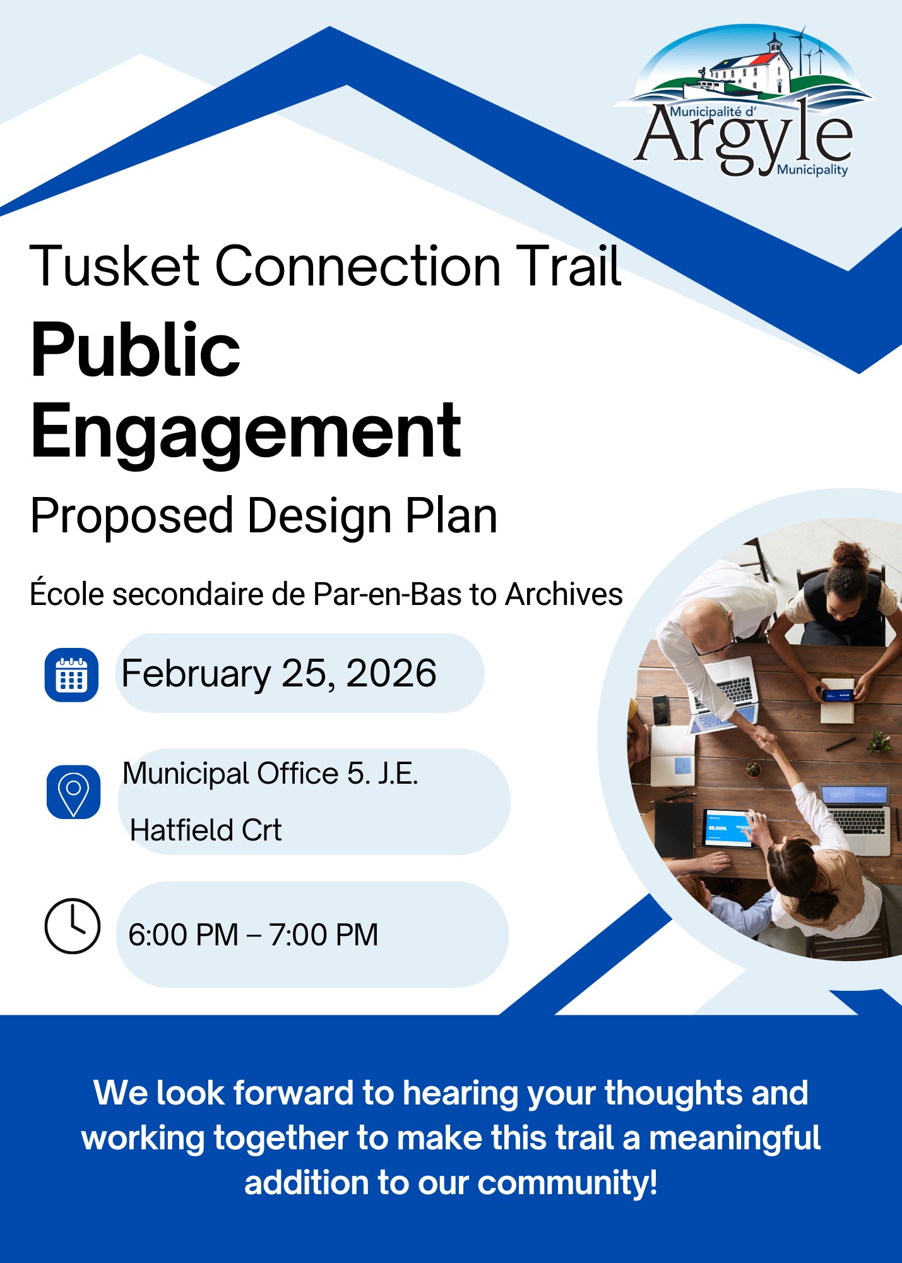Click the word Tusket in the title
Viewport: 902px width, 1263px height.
tap(114, 266)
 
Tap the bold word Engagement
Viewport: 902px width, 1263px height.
tap(246, 433)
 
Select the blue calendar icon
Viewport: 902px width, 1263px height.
tap(71, 674)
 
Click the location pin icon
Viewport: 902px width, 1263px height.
tap(73, 792)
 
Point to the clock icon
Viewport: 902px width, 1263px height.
tap(73, 925)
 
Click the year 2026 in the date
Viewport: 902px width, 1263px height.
tap(391, 673)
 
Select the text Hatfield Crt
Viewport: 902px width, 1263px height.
tap(206, 830)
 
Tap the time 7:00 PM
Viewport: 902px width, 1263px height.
tap(324, 935)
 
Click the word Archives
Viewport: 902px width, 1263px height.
tap(564, 594)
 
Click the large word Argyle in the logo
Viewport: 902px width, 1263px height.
tap(745, 139)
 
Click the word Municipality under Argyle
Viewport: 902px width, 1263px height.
tap(812, 170)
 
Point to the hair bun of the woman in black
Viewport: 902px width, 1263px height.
tap(850, 556)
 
